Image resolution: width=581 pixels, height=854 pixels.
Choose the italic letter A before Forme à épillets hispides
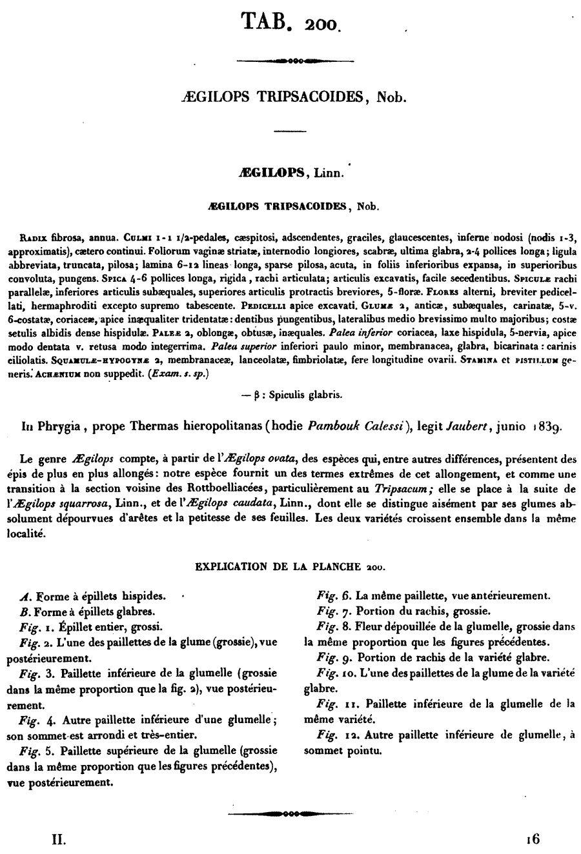(x=25, y=597)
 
